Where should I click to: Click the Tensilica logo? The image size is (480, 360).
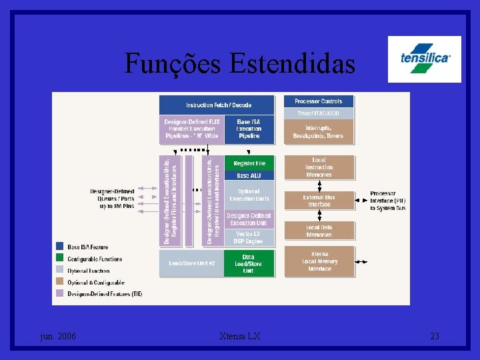425,59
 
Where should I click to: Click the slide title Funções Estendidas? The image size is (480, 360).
239,64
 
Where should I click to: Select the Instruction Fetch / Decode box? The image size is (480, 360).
217,105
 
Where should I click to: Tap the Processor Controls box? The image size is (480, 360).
319,101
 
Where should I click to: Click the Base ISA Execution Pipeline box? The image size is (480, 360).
249,129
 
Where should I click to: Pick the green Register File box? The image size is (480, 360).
249,163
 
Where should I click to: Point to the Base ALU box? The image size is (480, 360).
249,175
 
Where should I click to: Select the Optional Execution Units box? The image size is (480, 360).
249,195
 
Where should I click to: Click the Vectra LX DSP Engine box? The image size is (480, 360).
249,237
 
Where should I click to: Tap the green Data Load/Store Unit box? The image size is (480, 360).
249,263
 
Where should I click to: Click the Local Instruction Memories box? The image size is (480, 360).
319,167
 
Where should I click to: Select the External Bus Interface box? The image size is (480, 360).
319,201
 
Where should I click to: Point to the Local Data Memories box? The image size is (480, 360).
319,231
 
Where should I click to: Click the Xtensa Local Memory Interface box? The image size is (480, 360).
319,261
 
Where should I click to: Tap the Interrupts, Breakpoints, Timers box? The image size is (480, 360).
319,132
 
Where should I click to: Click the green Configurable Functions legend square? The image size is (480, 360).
60,259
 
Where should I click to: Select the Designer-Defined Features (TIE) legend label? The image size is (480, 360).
104,294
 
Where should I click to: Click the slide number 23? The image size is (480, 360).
434,337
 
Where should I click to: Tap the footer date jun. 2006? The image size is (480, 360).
58,337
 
